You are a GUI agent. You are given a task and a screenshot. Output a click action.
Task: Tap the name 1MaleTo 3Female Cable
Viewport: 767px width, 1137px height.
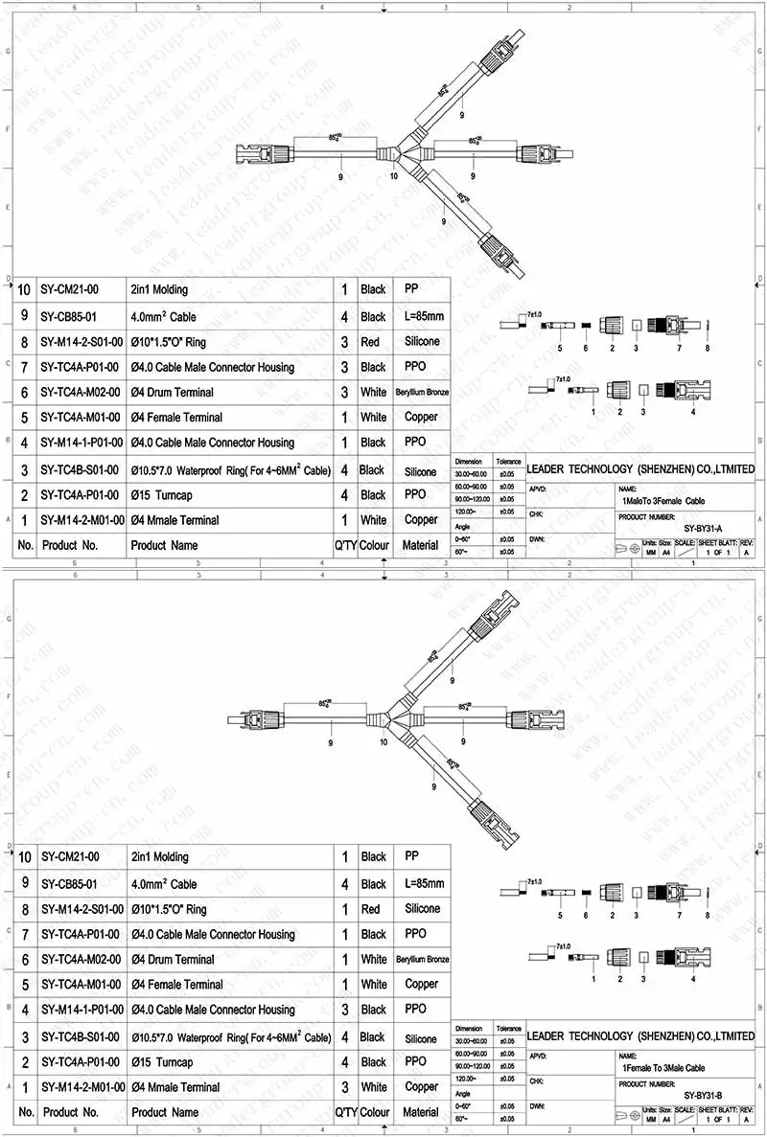663,500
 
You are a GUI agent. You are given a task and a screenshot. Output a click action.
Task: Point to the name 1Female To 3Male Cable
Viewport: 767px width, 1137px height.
663,1067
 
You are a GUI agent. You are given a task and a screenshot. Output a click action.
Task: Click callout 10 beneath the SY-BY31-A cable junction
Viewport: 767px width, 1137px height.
393,176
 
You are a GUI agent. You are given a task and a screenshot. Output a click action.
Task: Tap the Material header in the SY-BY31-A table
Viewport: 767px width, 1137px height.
421,545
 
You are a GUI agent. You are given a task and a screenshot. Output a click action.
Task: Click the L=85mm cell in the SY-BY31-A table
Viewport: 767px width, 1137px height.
421,316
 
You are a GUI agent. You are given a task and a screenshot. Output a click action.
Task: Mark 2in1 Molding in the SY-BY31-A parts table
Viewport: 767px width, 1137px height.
159,289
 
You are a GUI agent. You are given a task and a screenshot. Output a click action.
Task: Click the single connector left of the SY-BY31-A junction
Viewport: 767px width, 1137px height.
259,153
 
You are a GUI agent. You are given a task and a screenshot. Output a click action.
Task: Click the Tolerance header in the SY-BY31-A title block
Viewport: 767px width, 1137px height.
508,462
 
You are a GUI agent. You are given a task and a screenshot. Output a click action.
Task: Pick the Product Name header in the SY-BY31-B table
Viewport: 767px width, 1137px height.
164,1112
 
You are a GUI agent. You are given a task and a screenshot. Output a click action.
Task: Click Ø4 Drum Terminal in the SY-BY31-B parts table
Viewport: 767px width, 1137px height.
173,959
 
